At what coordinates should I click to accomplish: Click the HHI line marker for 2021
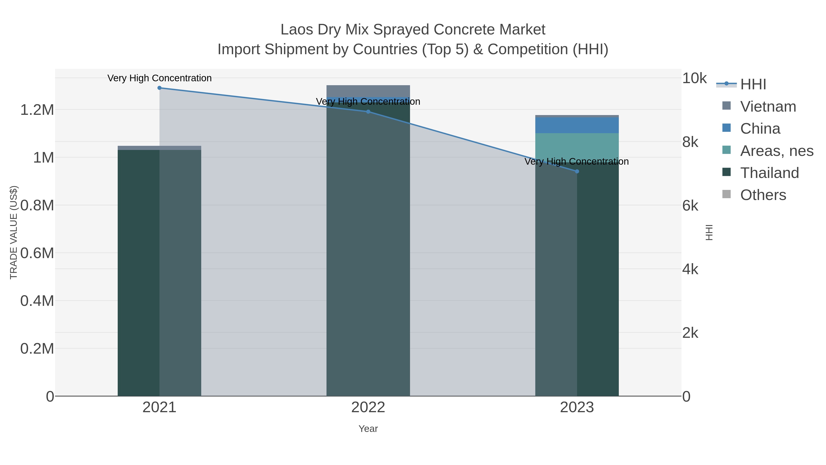159,88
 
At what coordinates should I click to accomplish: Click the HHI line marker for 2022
368,112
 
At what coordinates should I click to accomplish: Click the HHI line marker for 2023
577,171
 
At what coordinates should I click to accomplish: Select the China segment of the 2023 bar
577,125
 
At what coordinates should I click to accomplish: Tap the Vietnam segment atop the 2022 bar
368,91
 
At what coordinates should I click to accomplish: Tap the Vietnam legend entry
768,107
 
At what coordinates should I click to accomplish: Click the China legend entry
760,129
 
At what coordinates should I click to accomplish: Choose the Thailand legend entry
769,173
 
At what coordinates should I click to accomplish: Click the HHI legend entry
753,85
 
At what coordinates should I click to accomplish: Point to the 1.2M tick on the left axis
37,110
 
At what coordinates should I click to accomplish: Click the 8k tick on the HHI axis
690,142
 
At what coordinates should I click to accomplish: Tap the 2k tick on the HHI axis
690,333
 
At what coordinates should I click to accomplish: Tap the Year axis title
368,429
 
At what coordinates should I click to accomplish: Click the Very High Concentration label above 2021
159,78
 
